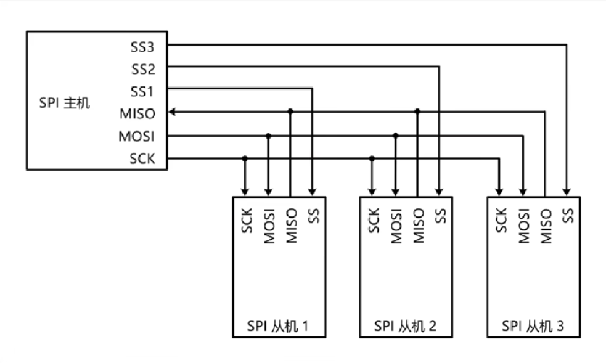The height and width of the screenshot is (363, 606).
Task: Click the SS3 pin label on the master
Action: click(x=143, y=46)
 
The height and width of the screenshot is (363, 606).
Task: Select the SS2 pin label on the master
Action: click(x=143, y=68)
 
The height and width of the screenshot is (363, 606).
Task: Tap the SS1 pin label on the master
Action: click(x=143, y=91)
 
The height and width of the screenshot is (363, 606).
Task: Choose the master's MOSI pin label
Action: click(x=137, y=136)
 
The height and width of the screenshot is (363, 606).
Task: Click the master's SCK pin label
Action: click(x=142, y=159)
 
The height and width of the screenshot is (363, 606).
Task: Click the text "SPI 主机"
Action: click(x=64, y=102)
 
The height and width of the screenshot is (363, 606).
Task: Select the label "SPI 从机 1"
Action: click(x=279, y=326)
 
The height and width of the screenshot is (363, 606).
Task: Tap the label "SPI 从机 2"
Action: click(x=406, y=326)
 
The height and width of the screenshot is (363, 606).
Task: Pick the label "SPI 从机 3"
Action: click(x=533, y=326)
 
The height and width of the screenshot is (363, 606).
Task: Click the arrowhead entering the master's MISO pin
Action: click(x=173, y=112)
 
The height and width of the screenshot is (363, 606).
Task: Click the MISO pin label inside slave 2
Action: click(x=418, y=226)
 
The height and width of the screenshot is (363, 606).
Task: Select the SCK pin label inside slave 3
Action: click(x=500, y=221)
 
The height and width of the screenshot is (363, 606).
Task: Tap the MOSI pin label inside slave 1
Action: click(x=268, y=226)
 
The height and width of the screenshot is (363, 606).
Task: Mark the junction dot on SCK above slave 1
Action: click(x=245, y=158)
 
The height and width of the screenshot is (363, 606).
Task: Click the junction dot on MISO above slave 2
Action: click(x=417, y=112)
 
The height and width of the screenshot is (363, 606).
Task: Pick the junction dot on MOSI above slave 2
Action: click(x=395, y=135)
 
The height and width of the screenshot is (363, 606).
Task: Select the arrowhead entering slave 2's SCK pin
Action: click(x=372, y=191)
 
